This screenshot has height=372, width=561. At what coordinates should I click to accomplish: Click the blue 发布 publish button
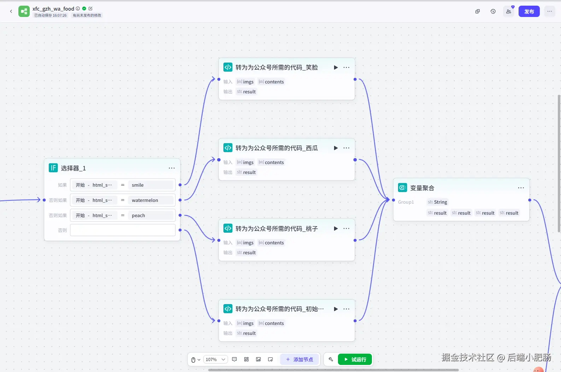[529, 12]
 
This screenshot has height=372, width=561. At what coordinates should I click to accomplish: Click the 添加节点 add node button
[299, 360]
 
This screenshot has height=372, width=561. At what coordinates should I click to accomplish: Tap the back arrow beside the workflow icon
[11, 11]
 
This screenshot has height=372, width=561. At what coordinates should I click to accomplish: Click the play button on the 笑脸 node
[335, 68]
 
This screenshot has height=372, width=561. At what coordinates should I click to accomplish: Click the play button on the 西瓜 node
[335, 148]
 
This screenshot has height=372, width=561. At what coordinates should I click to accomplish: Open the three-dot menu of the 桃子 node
[346, 228]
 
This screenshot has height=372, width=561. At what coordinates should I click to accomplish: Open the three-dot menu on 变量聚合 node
[521, 188]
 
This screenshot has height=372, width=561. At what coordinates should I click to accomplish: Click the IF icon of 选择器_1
[53, 168]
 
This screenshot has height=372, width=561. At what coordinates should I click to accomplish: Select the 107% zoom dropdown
[215, 360]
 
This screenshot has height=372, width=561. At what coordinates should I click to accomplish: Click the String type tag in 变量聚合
[437, 202]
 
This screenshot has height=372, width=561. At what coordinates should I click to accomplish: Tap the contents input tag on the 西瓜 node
[271, 162]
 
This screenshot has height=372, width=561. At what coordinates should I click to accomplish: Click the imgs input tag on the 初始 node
[245, 323]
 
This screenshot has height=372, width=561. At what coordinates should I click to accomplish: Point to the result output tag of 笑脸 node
[246, 92]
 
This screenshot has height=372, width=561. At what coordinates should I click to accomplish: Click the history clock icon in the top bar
[493, 11]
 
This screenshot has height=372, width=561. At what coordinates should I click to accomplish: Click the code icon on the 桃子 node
[228, 228]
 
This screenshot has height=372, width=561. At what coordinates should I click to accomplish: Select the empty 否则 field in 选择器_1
[123, 230]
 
